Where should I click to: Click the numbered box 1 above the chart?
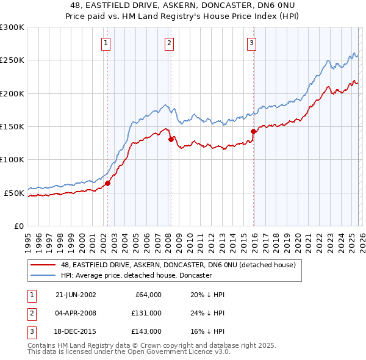106,43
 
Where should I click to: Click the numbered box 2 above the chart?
168,43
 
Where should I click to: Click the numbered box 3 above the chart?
251,43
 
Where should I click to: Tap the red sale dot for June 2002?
108,183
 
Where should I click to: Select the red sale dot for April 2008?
170,139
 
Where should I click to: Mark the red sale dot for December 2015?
253,131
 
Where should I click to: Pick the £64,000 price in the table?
148,295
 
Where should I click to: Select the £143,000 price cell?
146,331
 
